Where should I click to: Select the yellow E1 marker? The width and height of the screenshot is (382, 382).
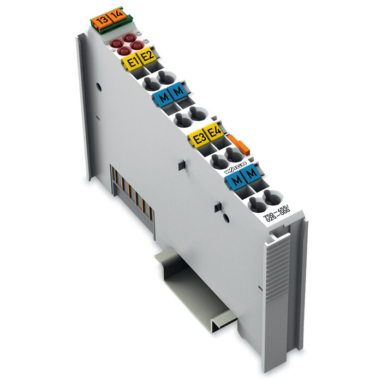click(x=131, y=61)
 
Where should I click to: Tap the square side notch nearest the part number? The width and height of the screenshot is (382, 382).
click(x=217, y=207)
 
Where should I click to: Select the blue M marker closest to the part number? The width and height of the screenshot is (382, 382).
click(x=251, y=174)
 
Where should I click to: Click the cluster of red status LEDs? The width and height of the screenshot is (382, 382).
click(x=127, y=44)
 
